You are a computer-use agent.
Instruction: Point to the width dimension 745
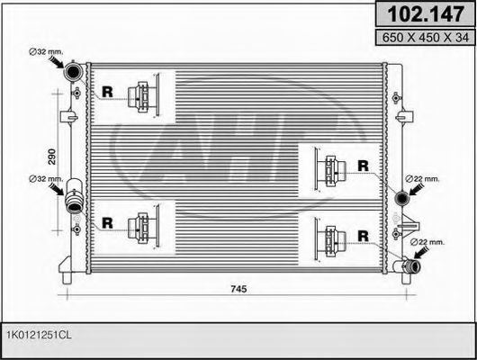click(x=238, y=290)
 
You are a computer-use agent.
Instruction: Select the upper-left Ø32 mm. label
click(x=44, y=52)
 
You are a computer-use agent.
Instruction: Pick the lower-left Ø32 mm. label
click(x=44, y=178)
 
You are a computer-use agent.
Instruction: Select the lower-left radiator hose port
click(x=75, y=195)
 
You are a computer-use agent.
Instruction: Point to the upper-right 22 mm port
click(x=402, y=196)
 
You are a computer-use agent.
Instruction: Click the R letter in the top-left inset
click(x=109, y=91)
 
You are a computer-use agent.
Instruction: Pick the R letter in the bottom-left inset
click(x=109, y=222)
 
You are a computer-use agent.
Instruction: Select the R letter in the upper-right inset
click(x=363, y=165)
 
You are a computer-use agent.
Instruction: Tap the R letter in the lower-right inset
click(x=363, y=237)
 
